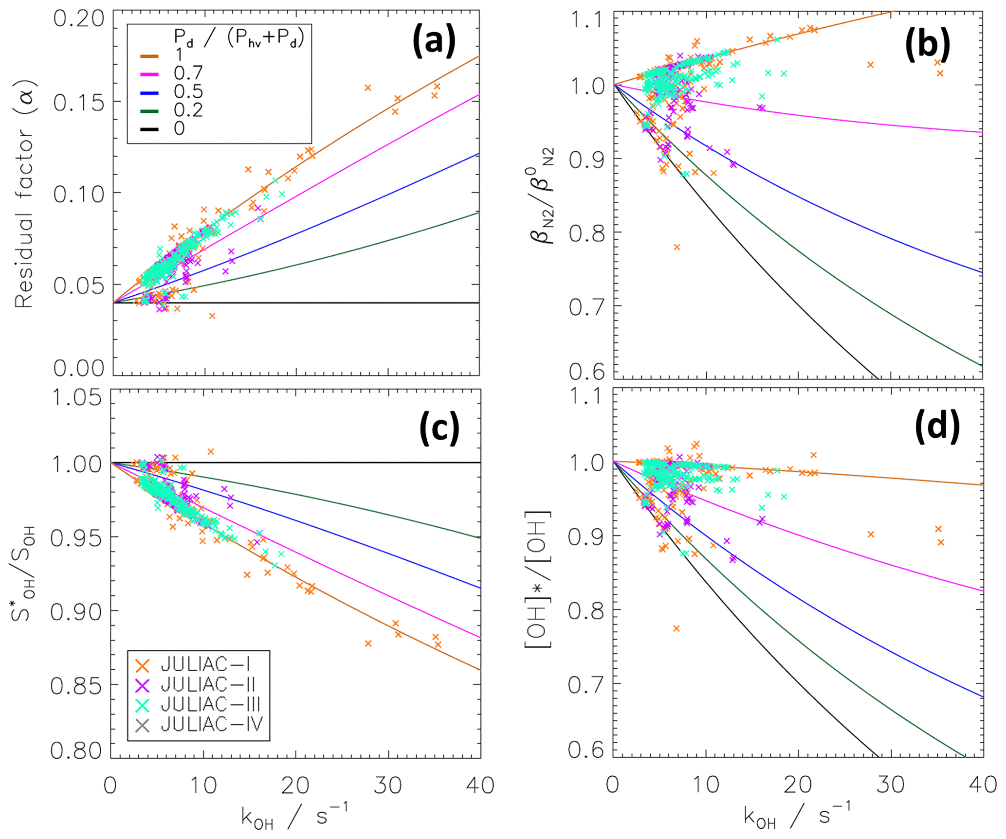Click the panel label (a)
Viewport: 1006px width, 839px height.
coord(434,41)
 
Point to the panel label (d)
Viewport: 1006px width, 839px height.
coord(937,427)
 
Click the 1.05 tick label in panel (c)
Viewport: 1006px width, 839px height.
coord(77,398)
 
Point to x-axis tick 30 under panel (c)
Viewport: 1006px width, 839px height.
coord(387,785)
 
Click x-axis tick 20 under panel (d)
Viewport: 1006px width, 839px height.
coord(798,785)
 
